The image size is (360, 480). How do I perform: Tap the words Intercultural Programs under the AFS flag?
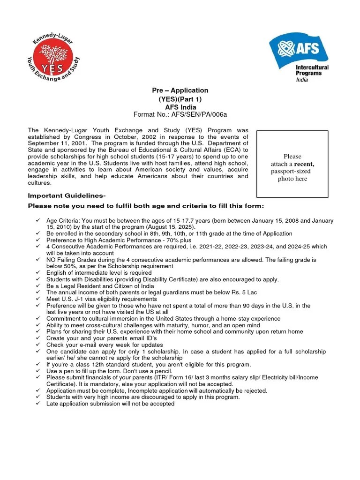coord(312,70)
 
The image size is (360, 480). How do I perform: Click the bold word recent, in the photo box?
coord(304,164)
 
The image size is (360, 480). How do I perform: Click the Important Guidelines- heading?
coord(67,196)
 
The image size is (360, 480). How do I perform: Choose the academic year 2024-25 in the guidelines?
coord(298,247)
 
